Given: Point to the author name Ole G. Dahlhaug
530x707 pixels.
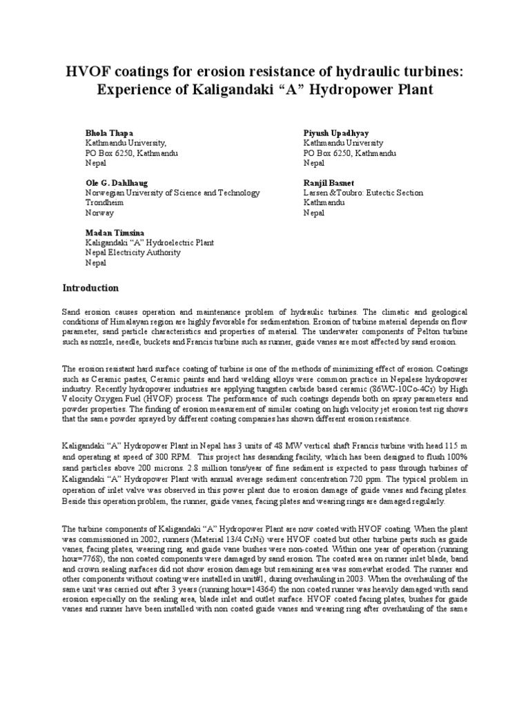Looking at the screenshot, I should click(x=116, y=183).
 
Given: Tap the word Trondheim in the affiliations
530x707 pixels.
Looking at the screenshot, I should click(x=104, y=204).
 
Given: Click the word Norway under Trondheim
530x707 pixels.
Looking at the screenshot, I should click(x=99, y=214).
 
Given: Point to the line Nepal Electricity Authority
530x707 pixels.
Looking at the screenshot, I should click(x=132, y=253).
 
